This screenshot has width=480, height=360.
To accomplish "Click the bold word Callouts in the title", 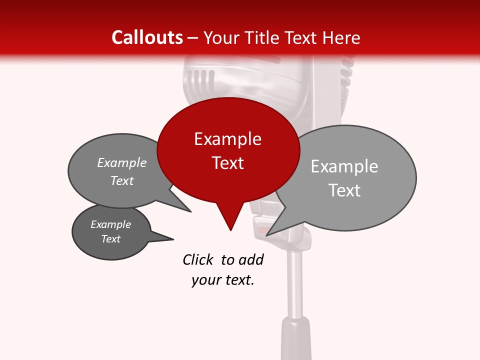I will point(147,37).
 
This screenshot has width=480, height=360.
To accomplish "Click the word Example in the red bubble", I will point(227,139).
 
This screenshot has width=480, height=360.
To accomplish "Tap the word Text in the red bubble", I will point(227,163).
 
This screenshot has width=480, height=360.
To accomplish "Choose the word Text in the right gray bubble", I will point(344,190).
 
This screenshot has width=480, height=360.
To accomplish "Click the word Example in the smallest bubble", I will point(110,224).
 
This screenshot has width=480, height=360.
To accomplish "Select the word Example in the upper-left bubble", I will point(121,162).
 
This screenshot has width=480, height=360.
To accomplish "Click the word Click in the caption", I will point(197,259).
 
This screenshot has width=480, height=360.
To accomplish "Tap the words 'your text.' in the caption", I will point(223,280).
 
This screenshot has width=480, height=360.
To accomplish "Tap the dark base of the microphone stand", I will point(296,340).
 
